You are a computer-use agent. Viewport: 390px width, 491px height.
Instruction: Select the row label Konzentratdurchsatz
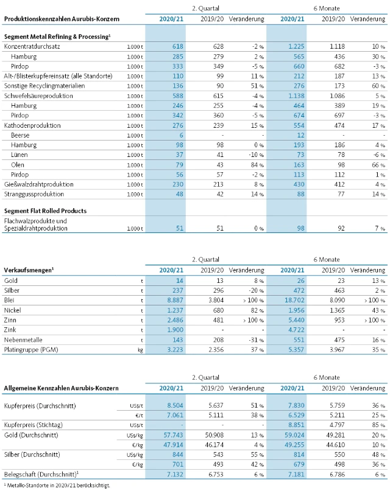tap(30, 46)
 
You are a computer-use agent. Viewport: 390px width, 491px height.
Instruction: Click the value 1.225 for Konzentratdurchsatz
tap(294, 46)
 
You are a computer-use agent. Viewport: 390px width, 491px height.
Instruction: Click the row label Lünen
tap(21, 155)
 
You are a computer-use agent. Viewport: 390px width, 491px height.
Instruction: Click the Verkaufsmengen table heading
tap(27, 269)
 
